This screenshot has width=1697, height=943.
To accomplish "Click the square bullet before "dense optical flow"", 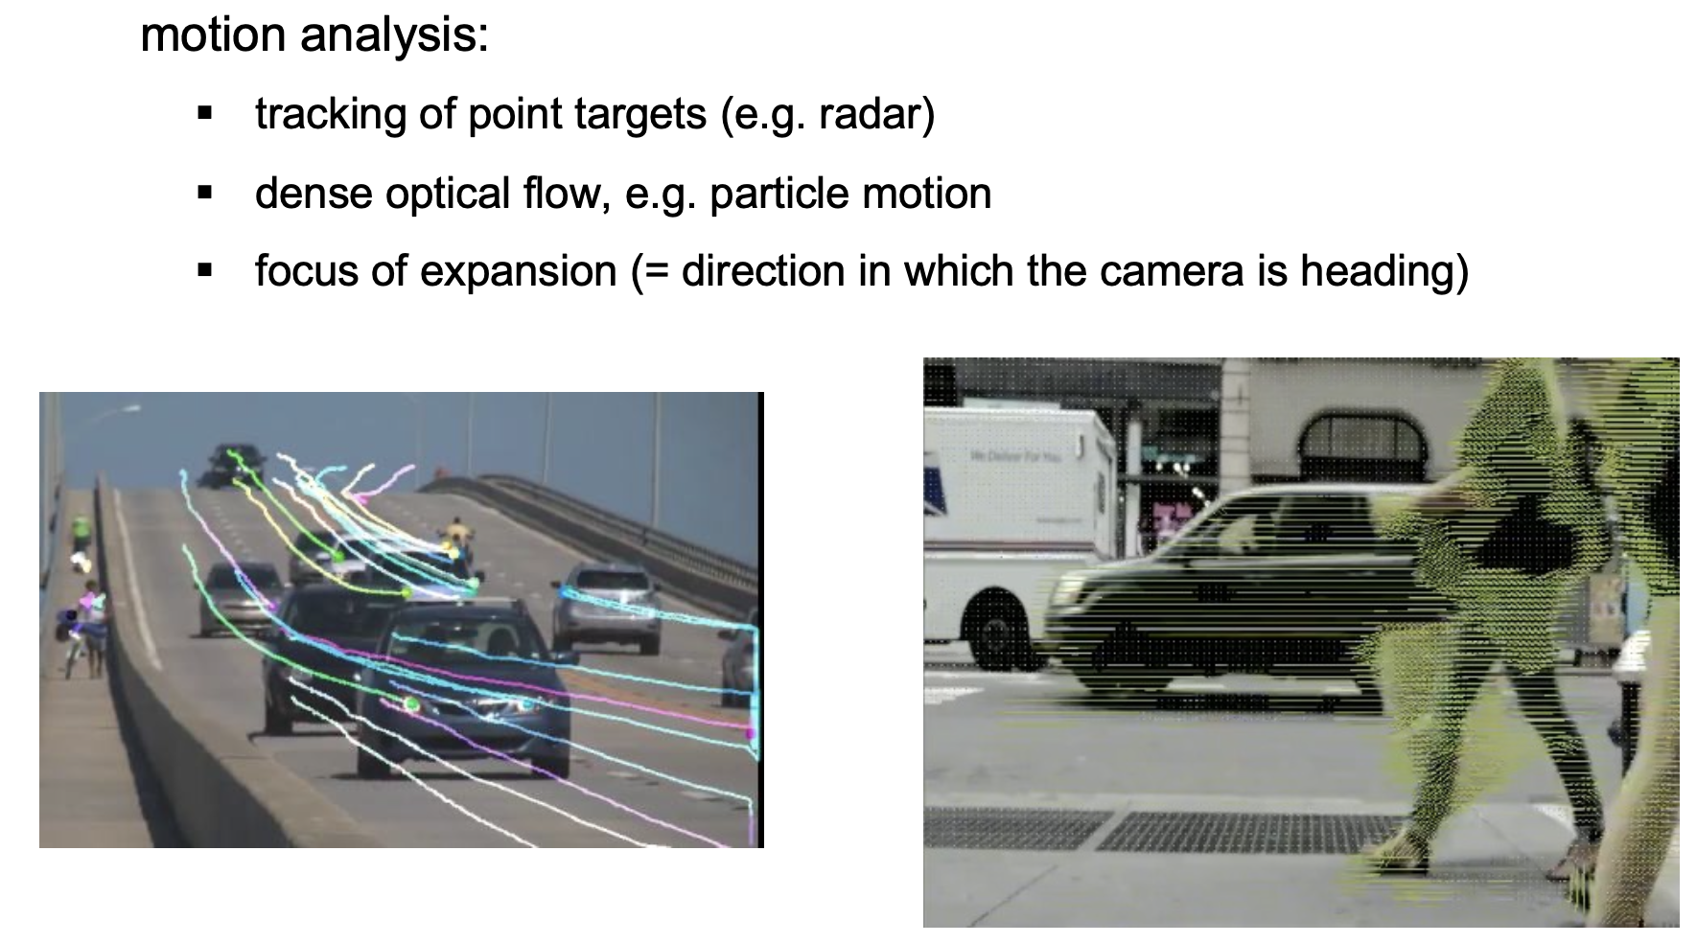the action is point(203,193).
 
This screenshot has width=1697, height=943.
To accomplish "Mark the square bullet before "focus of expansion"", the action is point(203,271).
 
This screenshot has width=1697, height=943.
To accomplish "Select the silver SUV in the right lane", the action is point(607,607).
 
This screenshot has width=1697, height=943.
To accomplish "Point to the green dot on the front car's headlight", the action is point(412,705).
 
